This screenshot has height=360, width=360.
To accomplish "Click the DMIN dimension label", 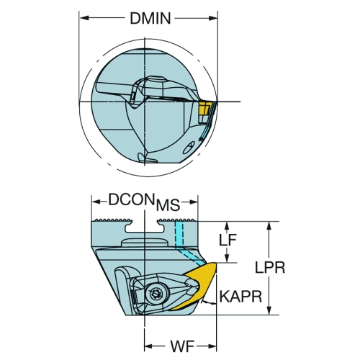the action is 150,18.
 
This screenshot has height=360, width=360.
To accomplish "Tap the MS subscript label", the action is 168,205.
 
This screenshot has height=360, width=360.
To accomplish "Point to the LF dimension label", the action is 228,240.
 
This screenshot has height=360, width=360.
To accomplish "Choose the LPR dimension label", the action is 270,267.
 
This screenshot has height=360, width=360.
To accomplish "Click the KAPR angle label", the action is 240,297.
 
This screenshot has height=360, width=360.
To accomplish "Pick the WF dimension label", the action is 182,346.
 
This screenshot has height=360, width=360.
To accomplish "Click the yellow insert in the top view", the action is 204,109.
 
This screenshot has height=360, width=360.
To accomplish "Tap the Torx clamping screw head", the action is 154,293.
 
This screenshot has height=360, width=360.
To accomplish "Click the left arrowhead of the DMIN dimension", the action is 84,18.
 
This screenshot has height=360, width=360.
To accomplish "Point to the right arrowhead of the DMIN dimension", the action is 213,18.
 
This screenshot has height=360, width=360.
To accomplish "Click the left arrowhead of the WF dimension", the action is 148,346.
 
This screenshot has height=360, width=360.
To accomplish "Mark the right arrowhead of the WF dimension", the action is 212,346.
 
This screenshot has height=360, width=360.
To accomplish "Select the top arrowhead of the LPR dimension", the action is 270,226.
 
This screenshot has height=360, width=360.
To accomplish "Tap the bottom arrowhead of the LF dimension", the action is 227,258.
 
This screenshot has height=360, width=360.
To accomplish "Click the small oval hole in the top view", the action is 188,148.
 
